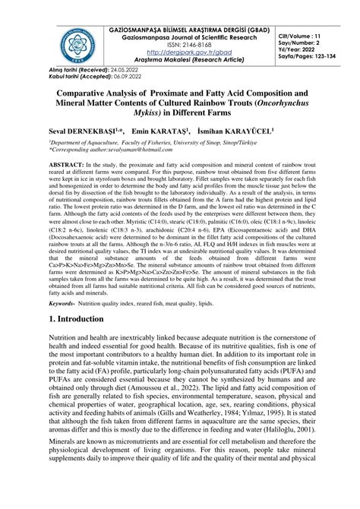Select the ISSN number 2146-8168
[x=188, y=43]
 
